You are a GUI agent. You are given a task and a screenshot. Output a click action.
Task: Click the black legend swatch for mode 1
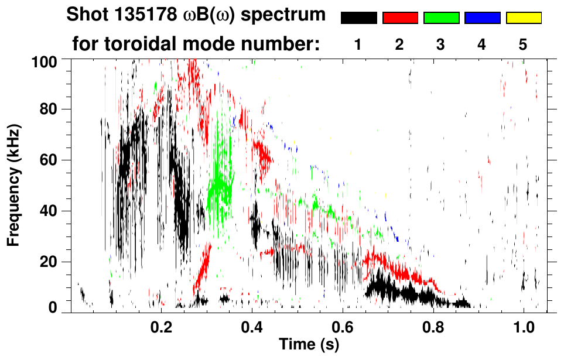point(358,18)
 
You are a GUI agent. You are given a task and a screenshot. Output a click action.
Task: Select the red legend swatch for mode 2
point(400,18)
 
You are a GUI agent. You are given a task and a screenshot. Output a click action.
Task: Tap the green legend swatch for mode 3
point(441,18)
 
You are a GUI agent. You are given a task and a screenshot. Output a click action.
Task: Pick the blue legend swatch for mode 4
point(482,18)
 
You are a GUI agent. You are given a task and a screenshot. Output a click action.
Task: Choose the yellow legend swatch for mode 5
point(524,18)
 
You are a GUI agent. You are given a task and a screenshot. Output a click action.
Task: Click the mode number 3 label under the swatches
point(440,44)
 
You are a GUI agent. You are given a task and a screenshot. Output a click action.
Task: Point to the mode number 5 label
point(523,44)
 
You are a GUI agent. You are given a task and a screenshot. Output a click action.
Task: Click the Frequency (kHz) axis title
point(13,185)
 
